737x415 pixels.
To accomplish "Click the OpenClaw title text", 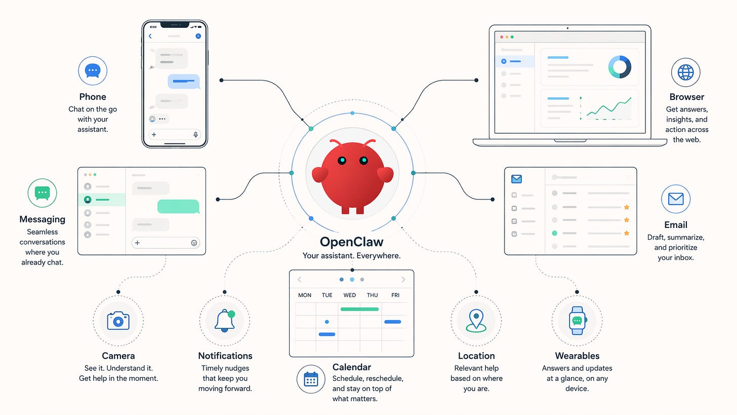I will coord(352,242).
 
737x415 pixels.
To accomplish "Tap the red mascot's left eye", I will coord(342,161).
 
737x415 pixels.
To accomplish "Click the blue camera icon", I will coord(118,320).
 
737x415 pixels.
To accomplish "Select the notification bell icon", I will coord(225,320).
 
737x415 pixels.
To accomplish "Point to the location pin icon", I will coord(476,320).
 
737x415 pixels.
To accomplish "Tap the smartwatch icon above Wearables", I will coord(577,320).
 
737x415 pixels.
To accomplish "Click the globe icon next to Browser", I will coord(686,72).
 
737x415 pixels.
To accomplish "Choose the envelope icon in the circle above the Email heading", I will coord(676,199).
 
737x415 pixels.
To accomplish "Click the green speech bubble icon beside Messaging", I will coord(42,193).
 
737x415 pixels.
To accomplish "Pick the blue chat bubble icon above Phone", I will coord(93,70).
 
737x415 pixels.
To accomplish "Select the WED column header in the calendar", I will coord(349,295).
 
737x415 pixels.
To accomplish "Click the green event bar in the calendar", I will coord(359,309).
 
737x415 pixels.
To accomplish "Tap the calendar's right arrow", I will coord(403,280).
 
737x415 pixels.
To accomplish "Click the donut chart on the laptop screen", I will coord(620,67).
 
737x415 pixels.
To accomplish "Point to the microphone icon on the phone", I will coord(195,135).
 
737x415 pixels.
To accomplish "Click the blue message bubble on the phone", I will coord(183,81).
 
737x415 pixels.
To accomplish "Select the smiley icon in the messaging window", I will coord(194,243).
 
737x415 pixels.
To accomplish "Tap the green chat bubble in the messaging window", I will coord(178,206).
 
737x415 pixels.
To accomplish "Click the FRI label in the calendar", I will coord(395,295).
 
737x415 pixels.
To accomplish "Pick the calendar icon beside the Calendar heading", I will coord(311,379).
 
